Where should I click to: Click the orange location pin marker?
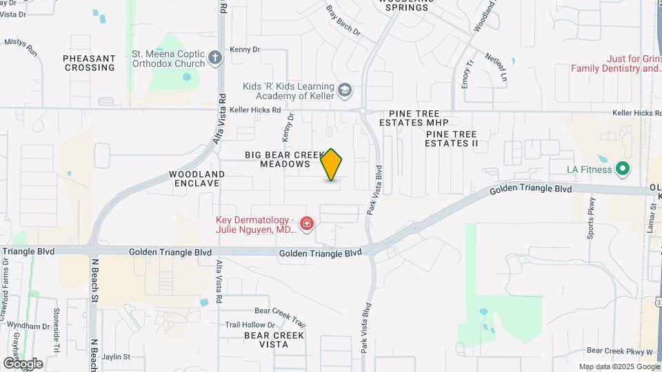[x=332, y=165]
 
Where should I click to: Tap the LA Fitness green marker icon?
[x=622, y=169]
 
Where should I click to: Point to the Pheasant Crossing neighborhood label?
[x=89, y=63]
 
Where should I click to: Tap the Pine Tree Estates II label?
[x=452, y=138]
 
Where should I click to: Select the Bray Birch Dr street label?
[x=343, y=21]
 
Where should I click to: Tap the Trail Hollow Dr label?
[x=250, y=324]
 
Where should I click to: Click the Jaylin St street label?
[x=116, y=357]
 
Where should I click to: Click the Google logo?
[x=23, y=363]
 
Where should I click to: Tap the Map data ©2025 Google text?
[x=615, y=366]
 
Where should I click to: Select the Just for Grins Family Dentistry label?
[x=616, y=64]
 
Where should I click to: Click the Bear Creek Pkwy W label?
[x=619, y=351]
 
